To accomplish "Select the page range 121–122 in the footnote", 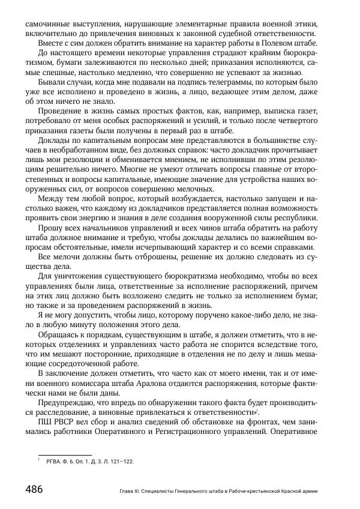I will pyautogui.click(x=120, y=462).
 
